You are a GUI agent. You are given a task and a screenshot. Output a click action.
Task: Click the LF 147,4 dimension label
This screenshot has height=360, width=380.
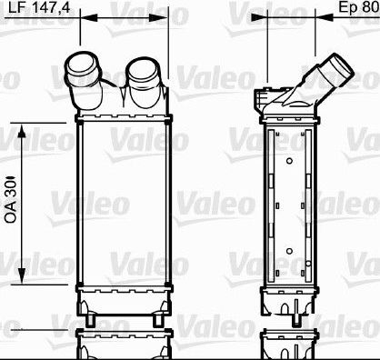click(39, 7)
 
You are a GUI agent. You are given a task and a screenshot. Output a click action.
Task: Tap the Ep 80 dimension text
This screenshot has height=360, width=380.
click(359, 7)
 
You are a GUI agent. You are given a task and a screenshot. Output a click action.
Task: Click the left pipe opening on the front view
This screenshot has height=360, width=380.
click(82, 65)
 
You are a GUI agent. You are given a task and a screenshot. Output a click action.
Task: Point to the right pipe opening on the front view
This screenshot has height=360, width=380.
click(142, 70)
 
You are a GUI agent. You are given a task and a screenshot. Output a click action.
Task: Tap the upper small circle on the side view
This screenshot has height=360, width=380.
click(289, 161)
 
